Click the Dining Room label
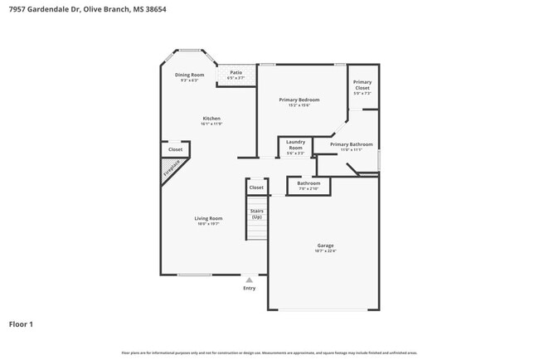(189, 75)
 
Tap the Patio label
(236, 72)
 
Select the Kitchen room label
(211, 119)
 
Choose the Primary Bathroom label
(346, 144)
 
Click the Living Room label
(209, 218)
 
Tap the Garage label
(325, 246)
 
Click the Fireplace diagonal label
(171, 171)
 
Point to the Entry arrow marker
(249, 280)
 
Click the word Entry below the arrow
(249, 288)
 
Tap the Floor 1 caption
(21, 324)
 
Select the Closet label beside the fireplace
(175, 149)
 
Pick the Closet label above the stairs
(256, 187)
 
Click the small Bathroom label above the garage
(308, 183)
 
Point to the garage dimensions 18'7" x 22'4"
(325, 251)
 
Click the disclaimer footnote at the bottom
(269, 353)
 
